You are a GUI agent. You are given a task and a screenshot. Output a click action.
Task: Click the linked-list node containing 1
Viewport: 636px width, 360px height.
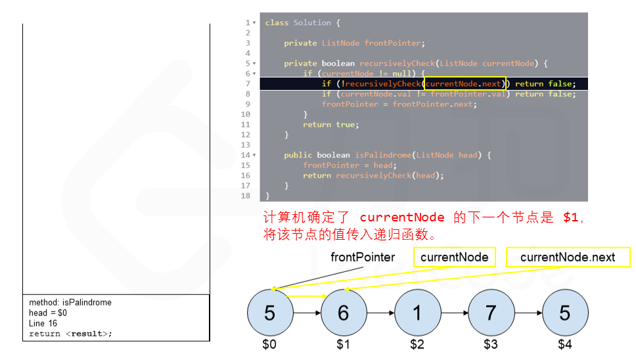pyautogui.click(x=417, y=313)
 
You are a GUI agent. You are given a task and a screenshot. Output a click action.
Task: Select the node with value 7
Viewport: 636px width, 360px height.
pyautogui.click(x=491, y=313)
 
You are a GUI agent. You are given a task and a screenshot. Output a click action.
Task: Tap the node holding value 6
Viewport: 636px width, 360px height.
pyautogui.click(x=343, y=313)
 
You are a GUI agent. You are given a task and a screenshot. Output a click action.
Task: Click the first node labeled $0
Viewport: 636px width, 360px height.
pyautogui.click(x=269, y=313)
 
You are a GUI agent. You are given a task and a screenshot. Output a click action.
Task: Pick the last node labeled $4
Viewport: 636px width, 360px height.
pyautogui.click(x=564, y=313)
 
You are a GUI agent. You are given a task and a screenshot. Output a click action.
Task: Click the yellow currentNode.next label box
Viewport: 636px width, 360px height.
pyautogui.click(x=568, y=257)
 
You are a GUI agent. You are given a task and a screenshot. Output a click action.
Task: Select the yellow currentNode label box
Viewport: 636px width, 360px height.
pyautogui.click(x=454, y=257)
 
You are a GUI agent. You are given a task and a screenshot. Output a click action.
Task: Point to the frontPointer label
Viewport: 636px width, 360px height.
pyautogui.click(x=363, y=257)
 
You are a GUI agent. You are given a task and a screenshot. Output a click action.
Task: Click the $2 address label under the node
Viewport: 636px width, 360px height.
pyautogui.click(x=417, y=344)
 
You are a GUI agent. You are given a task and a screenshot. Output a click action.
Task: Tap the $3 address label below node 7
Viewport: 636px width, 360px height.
pyautogui.click(x=491, y=344)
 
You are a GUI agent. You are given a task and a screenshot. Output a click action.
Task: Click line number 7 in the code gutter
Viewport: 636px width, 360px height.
pyautogui.click(x=248, y=83)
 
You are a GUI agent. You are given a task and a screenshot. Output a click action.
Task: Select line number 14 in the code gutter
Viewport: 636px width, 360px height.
pyautogui.click(x=246, y=155)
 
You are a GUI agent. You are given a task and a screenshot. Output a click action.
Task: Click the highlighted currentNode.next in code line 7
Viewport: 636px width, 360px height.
pyautogui.click(x=463, y=83)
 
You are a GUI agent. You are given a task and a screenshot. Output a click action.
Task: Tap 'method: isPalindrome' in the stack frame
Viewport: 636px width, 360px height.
pyautogui.click(x=70, y=303)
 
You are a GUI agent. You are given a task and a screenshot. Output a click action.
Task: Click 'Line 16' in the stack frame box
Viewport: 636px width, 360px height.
pyautogui.click(x=43, y=323)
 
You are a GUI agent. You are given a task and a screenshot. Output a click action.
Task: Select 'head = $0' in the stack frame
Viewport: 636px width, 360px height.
pyautogui.click(x=48, y=313)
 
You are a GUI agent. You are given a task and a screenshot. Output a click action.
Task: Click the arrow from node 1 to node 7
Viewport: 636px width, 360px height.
pyautogui.click(x=454, y=313)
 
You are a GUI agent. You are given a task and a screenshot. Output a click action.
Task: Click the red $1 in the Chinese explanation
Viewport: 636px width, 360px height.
pyautogui.click(x=570, y=217)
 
